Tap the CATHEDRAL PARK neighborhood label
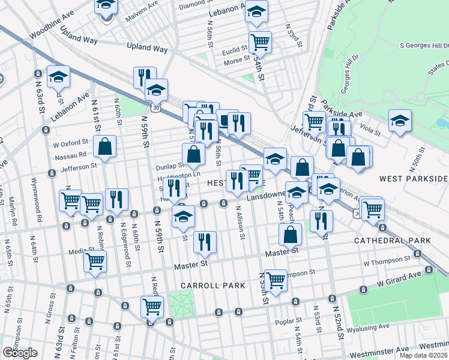(x=392, y=240)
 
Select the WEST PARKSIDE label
(x=414, y=179)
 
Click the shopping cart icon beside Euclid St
(x=261, y=42)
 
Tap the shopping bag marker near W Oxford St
(x=105, y=146)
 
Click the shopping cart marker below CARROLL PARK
(x=276, y=280)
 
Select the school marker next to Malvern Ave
(x=106, y=6)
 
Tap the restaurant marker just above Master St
(x=205, y=242)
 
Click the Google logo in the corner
(x=19, y=353)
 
